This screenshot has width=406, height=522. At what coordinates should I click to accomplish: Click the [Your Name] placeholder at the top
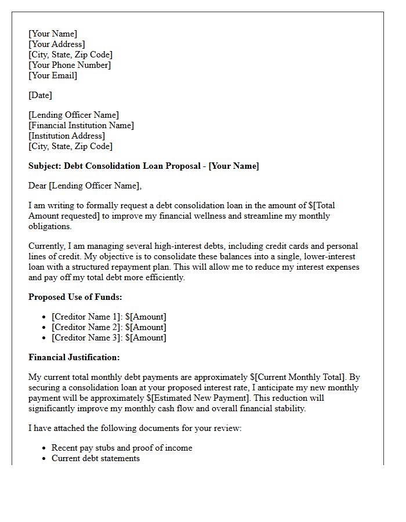[53, 34]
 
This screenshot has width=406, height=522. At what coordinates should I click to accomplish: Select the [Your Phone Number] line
[70, 65]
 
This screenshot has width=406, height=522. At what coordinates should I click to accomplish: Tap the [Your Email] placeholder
[53, 75]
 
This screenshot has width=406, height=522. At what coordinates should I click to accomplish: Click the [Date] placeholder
[40, 95]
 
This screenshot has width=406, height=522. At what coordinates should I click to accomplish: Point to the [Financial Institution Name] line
[81, 125]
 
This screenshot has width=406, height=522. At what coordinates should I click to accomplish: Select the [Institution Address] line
[67, 136]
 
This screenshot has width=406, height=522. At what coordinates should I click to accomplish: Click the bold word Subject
[44, 166]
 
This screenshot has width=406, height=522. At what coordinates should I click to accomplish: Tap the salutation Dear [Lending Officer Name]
[85, 186]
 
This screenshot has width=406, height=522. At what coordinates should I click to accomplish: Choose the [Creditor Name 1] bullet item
[108, 317]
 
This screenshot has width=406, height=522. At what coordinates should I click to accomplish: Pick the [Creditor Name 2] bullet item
[108, 327]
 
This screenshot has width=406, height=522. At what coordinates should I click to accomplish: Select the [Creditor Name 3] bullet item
[108, 338]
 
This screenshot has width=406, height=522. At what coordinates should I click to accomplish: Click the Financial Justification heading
[74, 357]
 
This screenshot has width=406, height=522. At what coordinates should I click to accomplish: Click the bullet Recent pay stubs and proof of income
[122, 448]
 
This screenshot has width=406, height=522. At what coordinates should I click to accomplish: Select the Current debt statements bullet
[96, 458]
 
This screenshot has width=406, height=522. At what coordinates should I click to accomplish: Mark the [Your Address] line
[57, 44]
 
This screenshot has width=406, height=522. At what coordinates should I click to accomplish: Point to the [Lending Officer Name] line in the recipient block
[74, 115]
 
